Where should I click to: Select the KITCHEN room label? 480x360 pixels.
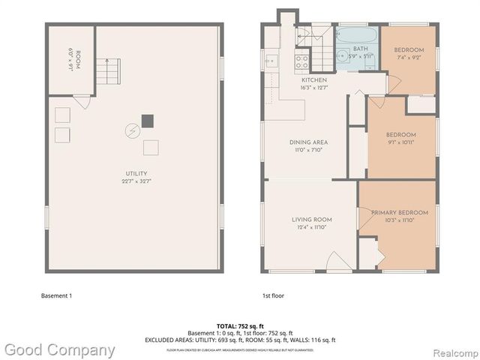click(x=314, y=80)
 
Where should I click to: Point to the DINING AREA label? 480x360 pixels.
click(x=309, y=142)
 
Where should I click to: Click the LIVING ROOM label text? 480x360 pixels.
click(x=312, y=219)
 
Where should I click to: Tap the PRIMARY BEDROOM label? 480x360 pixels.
click(x=400, y=212)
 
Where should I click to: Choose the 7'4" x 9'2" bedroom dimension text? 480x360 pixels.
click(x=409, y=58)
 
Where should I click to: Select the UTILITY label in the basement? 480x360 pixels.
click(x=136, y=173)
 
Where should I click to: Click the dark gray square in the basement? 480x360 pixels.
click(x=148, y=119)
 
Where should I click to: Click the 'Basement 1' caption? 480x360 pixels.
click(x=56, y=295)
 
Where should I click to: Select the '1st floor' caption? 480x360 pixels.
click(x=273, y=295)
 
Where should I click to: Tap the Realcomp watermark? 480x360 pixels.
click(x=453, y=350)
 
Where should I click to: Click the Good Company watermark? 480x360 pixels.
click(x=59, y=349)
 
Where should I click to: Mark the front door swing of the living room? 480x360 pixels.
click(x=337, y=262)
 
